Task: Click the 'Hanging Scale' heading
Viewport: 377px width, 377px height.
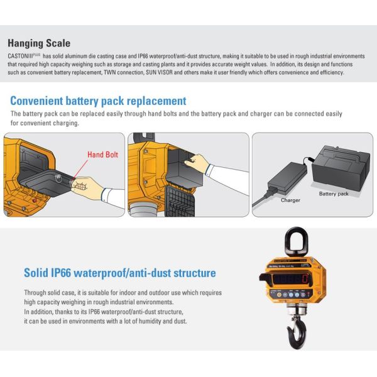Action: pyautogui.click(x=39, y=43)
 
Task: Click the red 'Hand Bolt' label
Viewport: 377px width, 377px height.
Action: pyautogui.click(x=104, y=154)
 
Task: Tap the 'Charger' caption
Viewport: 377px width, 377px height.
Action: pyautogui.click(x=290, y=200)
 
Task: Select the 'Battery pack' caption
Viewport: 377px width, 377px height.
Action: pyautogui.click(x=333, y=194)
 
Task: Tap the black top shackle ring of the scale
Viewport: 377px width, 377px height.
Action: pyautogui.click(x=293, y=241)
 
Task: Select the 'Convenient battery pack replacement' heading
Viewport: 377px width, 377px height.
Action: pyautogui.click(x=98, y=101)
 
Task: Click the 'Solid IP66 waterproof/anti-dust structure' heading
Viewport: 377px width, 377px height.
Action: pyautogui.click(x=119, y=273)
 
